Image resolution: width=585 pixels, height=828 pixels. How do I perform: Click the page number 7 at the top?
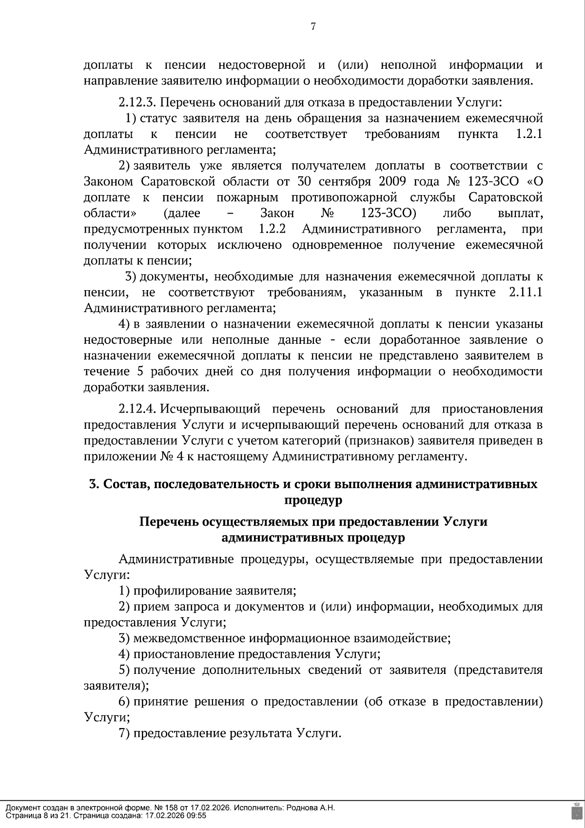(x=313, y=27)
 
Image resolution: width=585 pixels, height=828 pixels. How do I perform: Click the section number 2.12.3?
(x=137, y=102)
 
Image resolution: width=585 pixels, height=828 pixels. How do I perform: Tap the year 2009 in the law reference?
(x=391, y=181)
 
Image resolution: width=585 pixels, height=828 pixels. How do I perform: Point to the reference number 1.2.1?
(x=529, y=134)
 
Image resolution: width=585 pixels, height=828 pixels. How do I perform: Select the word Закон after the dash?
(x=277, y=213)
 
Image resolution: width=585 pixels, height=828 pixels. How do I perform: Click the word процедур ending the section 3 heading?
(x=313, y=500)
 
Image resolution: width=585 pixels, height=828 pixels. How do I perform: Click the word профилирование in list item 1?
(x=183, y=591)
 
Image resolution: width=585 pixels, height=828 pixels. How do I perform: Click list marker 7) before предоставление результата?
(x=124, y=733)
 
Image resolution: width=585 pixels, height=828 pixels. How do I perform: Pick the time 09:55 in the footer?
(x=197, y=815)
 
